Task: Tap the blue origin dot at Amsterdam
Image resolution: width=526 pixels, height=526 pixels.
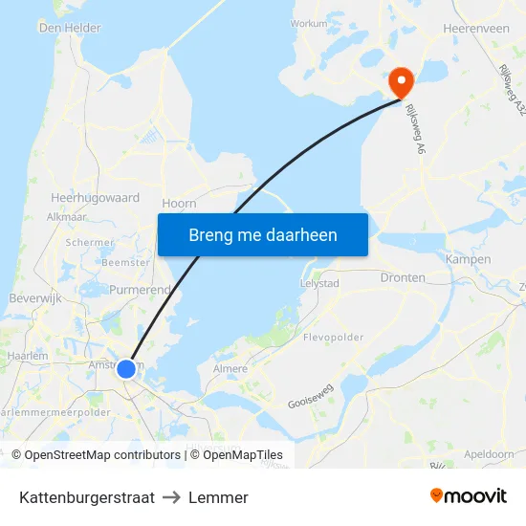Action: coord(125,368)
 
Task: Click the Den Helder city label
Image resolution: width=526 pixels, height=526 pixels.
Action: coord(70,29)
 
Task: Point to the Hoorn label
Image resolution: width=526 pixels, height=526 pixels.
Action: coord(179,204)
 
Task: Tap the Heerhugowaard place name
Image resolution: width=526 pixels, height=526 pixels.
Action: coord(95,198)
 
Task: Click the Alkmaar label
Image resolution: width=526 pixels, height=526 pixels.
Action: coord(66,217)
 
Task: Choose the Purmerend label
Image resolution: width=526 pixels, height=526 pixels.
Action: coord(140,289)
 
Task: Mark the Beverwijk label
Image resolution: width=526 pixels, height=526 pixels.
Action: coord(34,298)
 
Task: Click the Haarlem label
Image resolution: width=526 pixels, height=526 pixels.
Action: coord(27,356)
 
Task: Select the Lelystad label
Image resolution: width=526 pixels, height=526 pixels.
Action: coord(320,284)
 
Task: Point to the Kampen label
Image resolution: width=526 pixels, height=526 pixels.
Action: coord(468,259)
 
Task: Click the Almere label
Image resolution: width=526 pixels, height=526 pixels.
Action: coord(230,368)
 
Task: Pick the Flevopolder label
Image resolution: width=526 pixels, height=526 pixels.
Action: coord(333,338)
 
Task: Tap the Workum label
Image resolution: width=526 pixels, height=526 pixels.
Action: coord(309,23)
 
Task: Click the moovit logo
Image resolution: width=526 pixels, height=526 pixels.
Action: coord(469,496)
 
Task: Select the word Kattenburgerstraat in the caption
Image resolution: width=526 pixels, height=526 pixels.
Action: coord(86,497)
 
